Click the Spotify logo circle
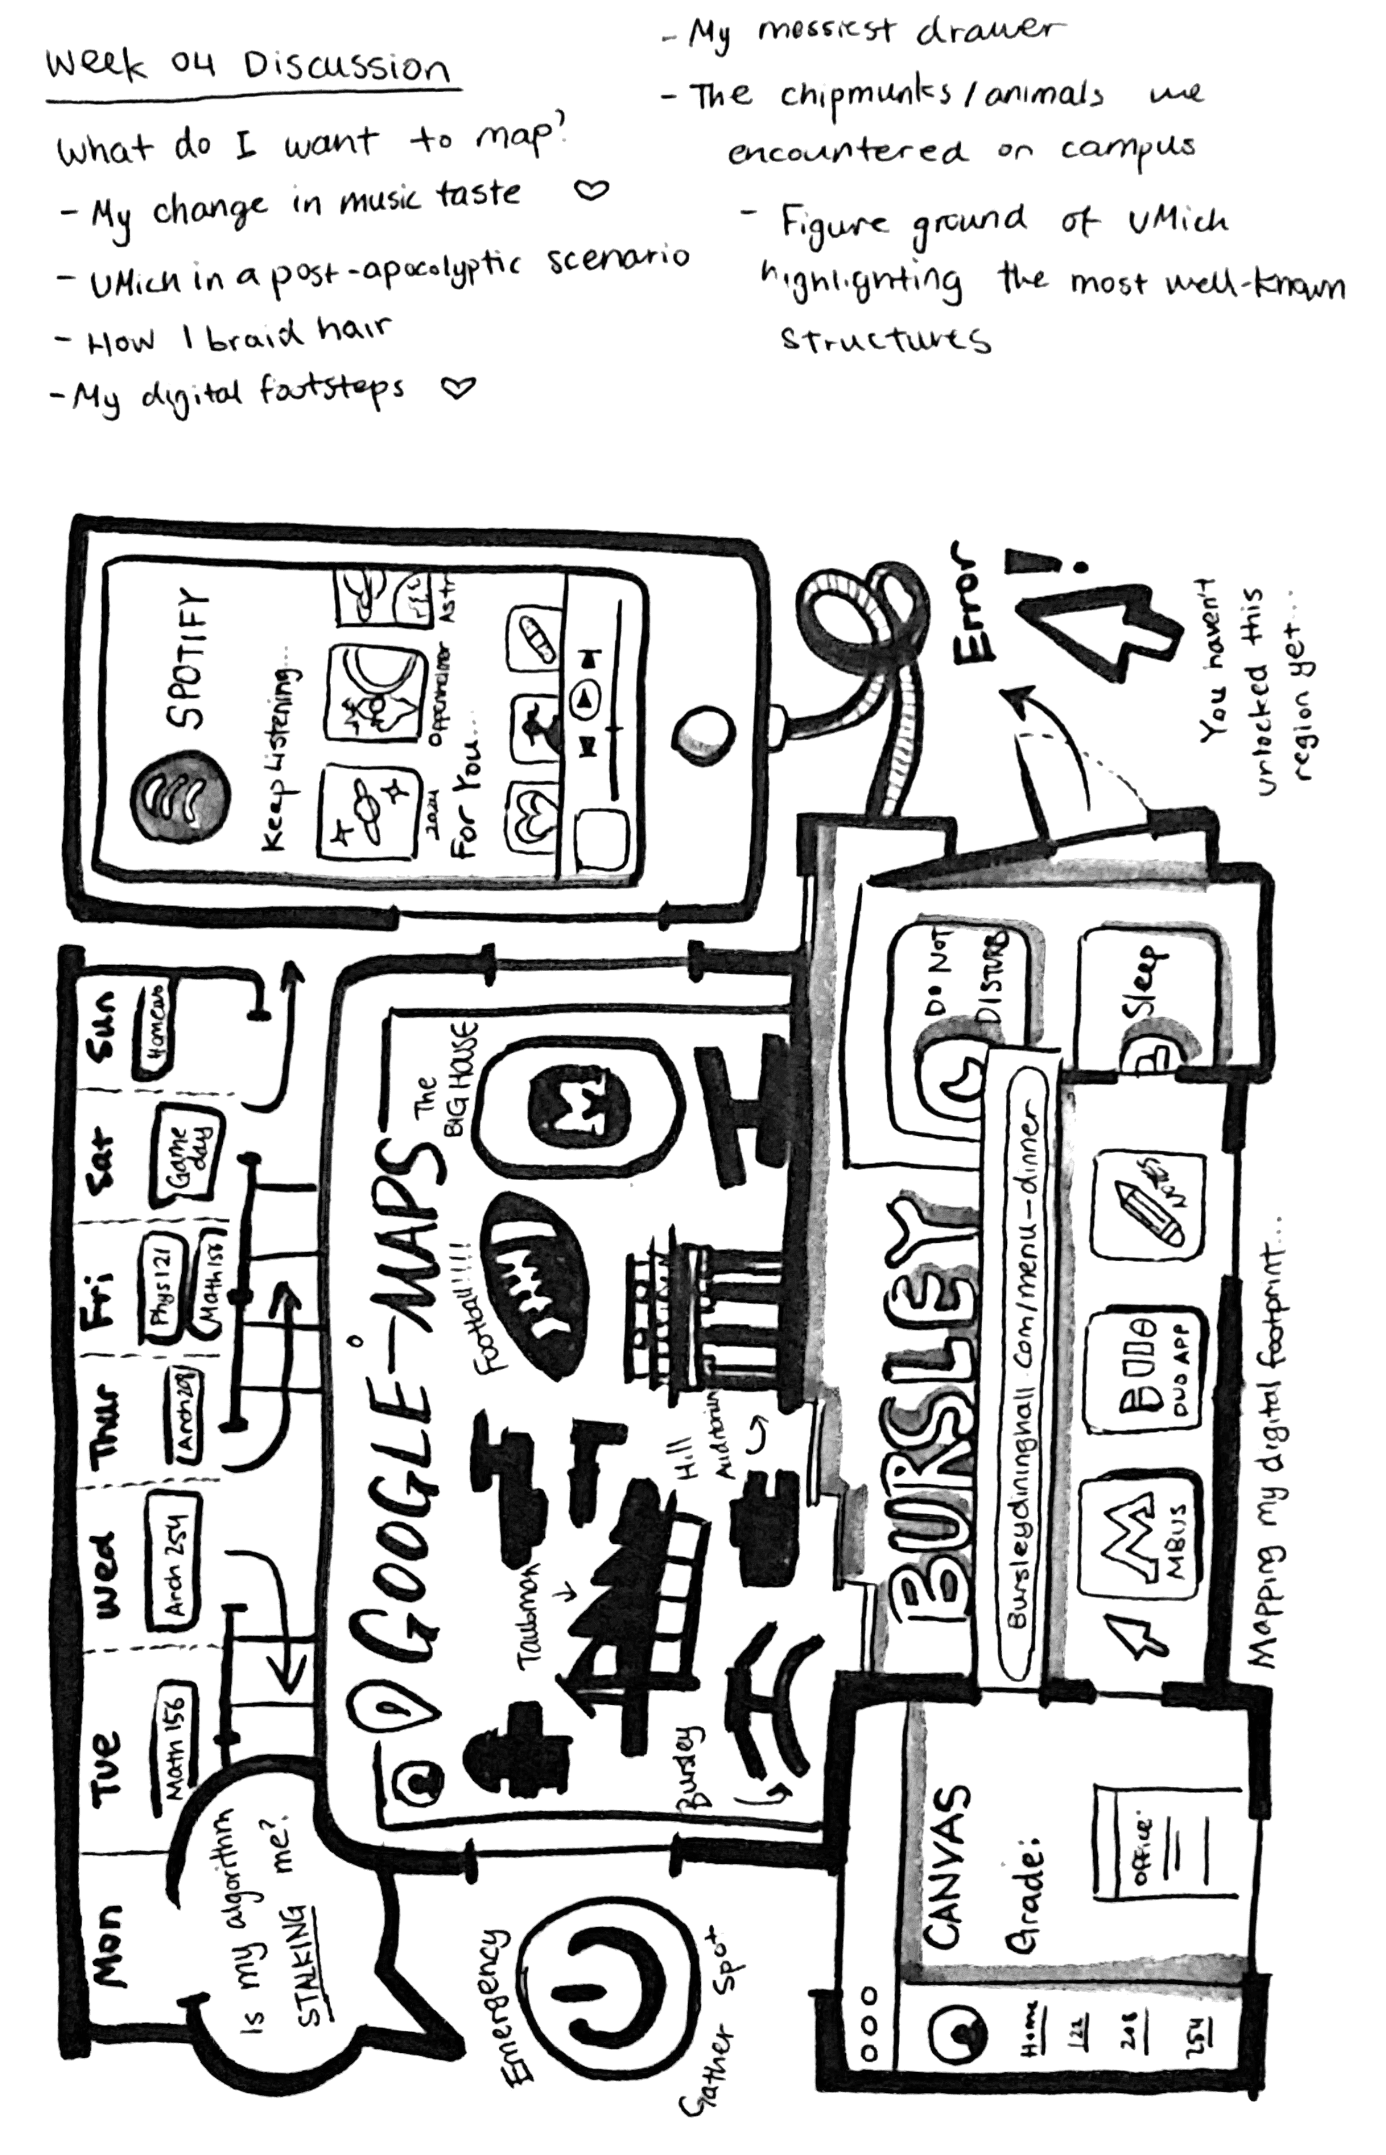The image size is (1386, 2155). (x=181, y=792)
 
